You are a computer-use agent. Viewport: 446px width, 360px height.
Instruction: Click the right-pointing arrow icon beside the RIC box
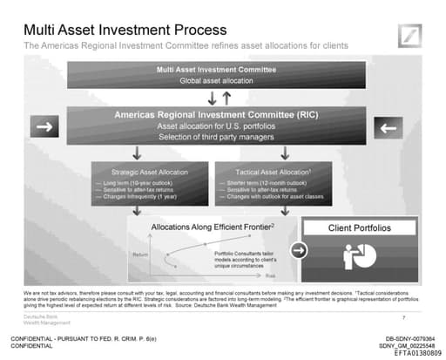click(x=43, y=127)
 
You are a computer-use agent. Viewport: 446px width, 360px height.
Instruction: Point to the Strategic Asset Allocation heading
click(x=149, y=173)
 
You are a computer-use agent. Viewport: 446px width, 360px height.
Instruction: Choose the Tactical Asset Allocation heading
click(x=272, y=173)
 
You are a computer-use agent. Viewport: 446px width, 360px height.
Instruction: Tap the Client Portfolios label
click(x=358, y=228)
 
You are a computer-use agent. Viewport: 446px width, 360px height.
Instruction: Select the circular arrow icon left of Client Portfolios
click(x=298, y=250)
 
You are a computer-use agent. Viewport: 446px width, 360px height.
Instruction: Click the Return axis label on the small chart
click(x=140, y=254)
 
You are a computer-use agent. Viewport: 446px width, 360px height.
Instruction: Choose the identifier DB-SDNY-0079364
click(x=409, y=336)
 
